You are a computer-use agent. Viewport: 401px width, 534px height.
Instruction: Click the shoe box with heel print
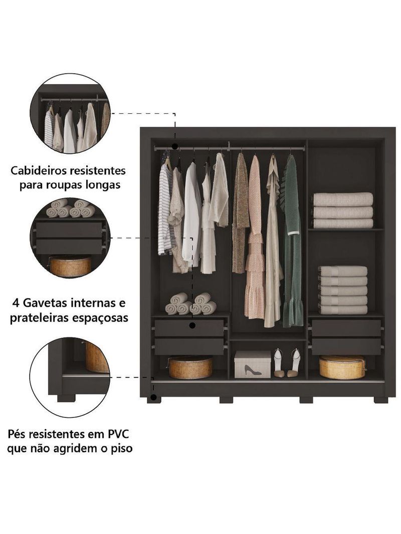252,364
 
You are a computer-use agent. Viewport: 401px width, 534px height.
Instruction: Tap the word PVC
118,434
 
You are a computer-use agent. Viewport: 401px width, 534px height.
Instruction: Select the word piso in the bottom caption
121,449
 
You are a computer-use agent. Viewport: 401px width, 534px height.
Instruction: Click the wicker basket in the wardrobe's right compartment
342,367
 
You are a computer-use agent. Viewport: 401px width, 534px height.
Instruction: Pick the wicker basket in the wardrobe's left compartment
190,367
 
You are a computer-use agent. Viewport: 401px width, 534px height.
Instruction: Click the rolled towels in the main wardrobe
190,304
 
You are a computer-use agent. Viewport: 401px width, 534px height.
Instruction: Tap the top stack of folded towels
343,210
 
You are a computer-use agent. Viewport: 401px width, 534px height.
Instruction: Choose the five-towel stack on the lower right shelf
343,290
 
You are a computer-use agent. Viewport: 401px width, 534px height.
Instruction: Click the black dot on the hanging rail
175,147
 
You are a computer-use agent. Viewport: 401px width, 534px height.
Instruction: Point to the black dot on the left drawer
192,326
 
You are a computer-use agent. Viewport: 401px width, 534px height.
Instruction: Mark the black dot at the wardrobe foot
154,397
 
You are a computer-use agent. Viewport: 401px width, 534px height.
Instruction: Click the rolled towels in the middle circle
71,208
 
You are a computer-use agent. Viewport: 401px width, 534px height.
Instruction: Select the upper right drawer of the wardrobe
346,328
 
